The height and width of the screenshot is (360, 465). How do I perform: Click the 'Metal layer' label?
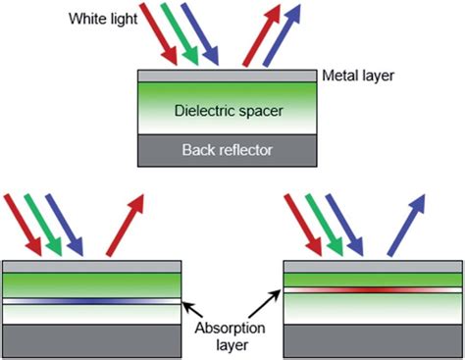click(x=359, y=76)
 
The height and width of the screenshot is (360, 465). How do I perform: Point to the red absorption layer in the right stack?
click(x=374, y=289)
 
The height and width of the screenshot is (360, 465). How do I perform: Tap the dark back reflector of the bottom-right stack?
click(x=374, y=339)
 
